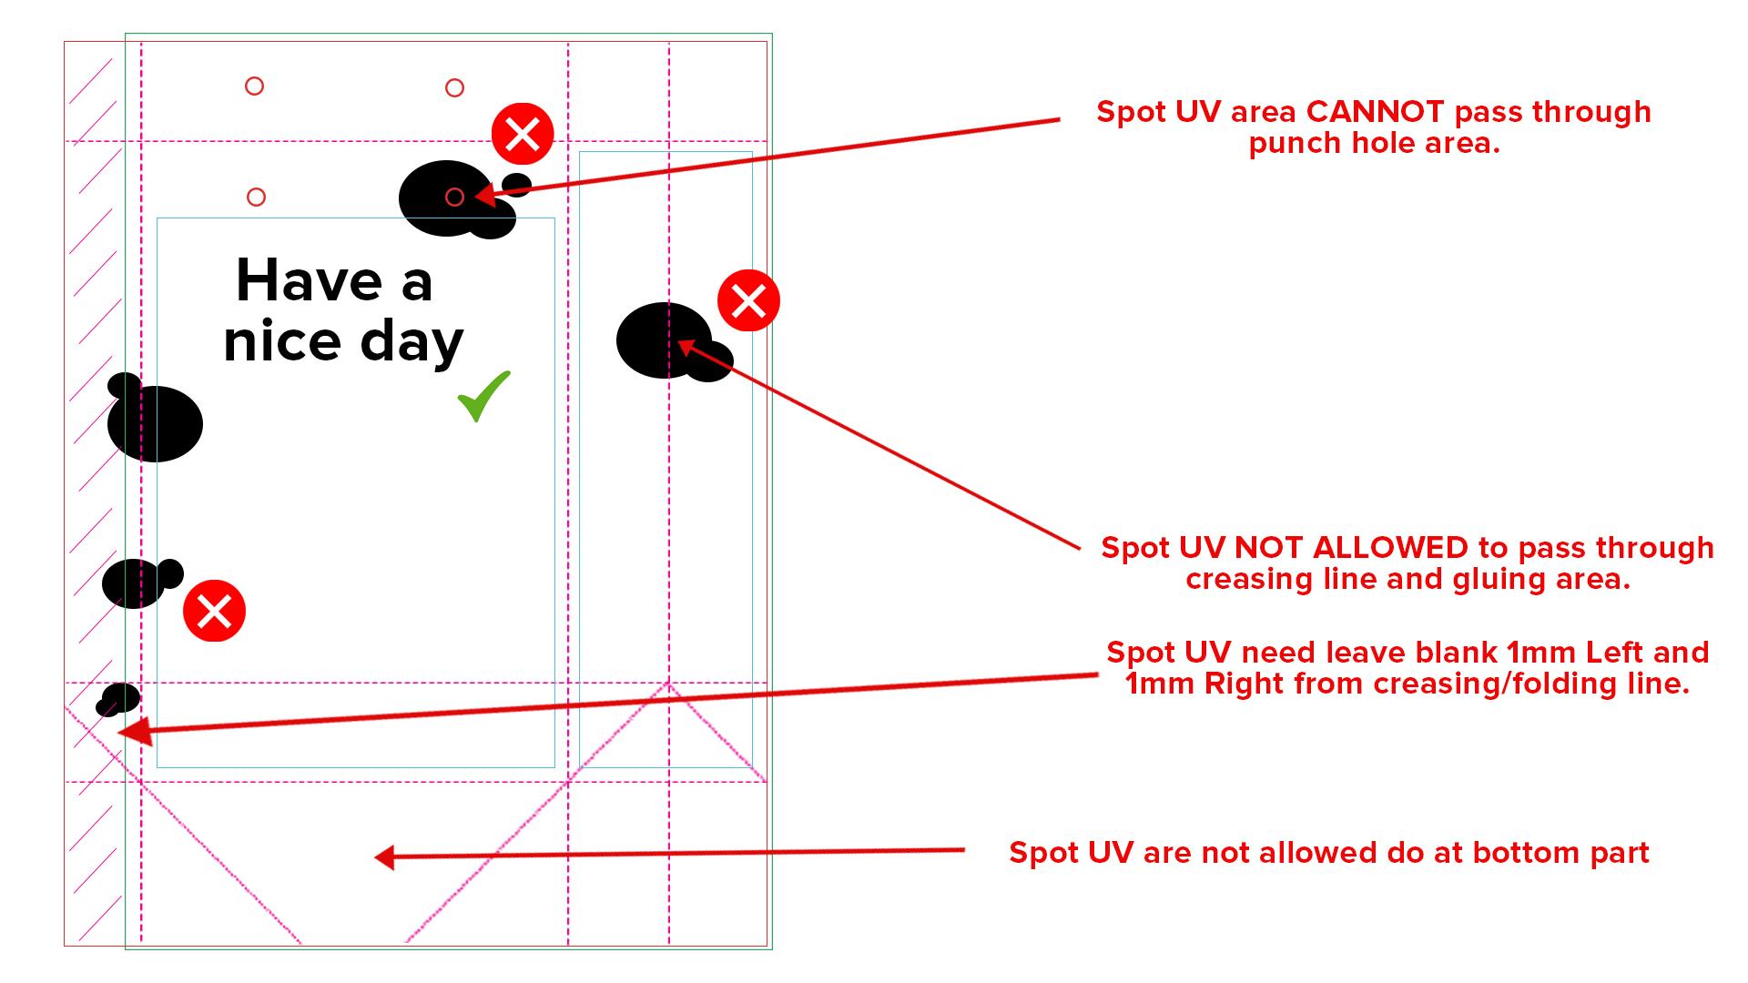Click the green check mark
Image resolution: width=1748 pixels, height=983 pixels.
point(483,396)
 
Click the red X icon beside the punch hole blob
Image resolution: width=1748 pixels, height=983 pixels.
point(523,135)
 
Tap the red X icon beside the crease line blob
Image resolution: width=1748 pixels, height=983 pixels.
point(748,300)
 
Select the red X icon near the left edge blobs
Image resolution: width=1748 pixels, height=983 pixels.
point(214,611)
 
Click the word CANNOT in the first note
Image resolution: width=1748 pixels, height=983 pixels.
point(1375,111)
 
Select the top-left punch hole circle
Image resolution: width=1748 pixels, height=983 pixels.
point(255,86)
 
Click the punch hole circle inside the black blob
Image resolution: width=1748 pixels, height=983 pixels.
point(454,197)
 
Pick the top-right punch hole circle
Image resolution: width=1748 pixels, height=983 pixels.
point(454,87)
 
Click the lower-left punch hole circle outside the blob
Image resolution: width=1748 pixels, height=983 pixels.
point(257,197)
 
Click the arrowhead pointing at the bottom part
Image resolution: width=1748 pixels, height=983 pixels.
point(384,856)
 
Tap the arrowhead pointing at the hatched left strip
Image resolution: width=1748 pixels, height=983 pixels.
point(132,732)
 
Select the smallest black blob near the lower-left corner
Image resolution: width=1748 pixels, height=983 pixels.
point(118,699)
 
